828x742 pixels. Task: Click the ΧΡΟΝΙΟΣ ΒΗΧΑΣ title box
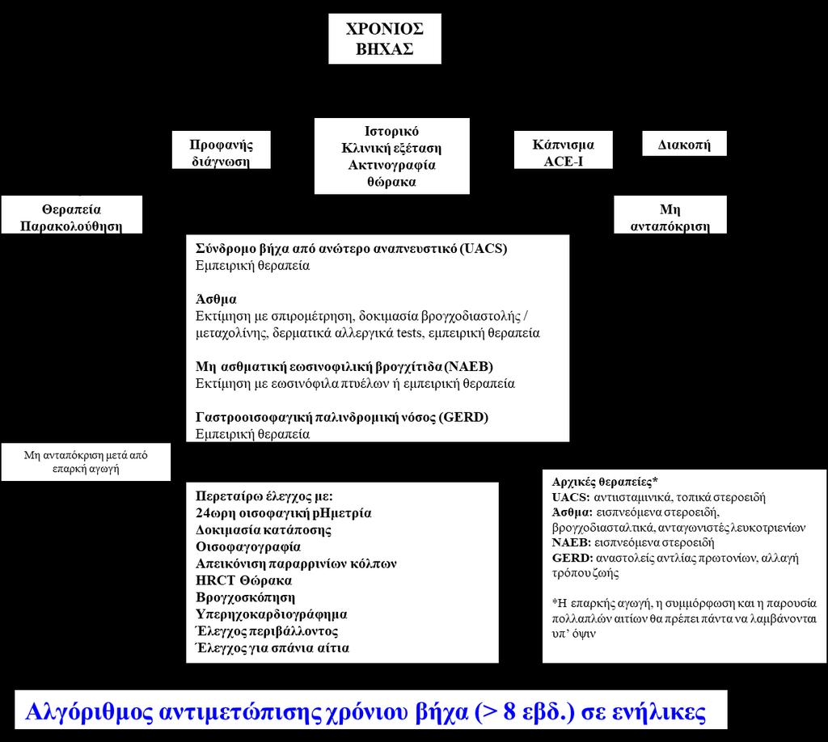point(384,39)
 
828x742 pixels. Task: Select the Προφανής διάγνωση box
point(222,150)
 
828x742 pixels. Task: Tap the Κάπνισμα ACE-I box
point(564,150)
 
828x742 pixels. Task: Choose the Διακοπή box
point(684,144)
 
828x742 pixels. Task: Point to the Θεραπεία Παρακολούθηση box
point(72,215)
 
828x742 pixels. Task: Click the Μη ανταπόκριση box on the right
point(670,215)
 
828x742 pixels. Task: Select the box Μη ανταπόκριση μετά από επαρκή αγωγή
point(86,462)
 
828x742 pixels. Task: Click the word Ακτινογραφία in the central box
point(392,165)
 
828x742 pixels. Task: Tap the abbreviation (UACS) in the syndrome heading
point(483,249)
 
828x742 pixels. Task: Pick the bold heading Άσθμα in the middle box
point(216,299)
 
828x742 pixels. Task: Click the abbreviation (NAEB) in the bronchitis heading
point(468,367)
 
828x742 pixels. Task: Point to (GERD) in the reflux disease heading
point(463,417)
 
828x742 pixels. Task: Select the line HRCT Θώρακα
point(243,580)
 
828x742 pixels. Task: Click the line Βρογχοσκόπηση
point(246,597)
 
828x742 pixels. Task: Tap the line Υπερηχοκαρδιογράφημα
point(272,614)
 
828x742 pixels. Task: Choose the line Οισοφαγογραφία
point(248,546)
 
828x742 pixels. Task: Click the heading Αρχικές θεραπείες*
point(605,482)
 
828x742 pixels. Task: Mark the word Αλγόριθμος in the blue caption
point(89,711)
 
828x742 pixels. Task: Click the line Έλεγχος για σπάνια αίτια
point(272,648)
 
